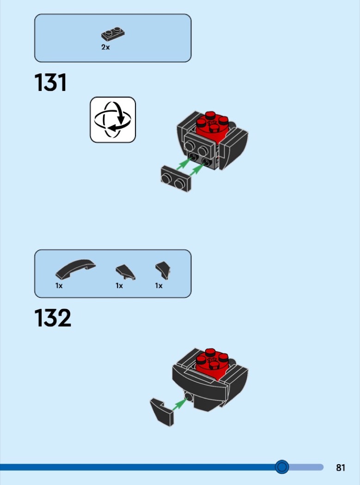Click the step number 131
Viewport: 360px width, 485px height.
point(50,83)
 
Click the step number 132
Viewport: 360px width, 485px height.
point(53,318)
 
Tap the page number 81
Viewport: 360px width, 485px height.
point(341,467)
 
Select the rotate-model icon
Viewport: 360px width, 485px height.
point(113,120)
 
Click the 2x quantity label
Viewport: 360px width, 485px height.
point(105,47)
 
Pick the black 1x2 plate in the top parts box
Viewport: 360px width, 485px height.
point(113,34)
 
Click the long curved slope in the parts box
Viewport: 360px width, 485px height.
point(75,269)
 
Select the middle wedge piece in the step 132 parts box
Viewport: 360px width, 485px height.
point(125,272)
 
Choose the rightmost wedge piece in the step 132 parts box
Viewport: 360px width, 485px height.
point(163,270)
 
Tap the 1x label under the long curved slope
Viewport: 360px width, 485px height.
point(59,286)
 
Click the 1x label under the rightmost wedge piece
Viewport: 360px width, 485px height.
point(159,286)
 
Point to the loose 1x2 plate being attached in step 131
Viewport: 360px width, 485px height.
point(176,179)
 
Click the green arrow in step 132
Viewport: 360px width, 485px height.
point(180,404)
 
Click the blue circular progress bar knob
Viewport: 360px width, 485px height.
point(282,467)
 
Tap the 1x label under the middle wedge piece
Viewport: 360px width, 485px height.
point(119,286)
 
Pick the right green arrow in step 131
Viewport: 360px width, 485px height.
point(197,170)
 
